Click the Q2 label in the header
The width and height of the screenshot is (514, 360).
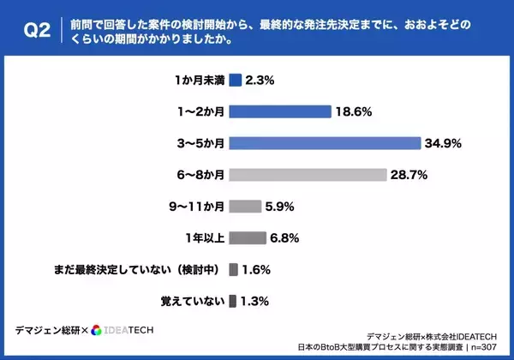(x=32, y=32)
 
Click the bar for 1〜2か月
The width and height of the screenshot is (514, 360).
(x=279, y=111)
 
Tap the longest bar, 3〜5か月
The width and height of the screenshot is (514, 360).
(x=325, y=143)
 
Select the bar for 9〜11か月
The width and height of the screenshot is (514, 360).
(x=245, y=207)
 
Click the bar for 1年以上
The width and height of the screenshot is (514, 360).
(x=248, y=237)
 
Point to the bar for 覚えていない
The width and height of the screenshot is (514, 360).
(x=233, y=300)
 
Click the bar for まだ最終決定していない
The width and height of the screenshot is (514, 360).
(x=233, y=269)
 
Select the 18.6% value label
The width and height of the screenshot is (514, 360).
(x=355, y=111)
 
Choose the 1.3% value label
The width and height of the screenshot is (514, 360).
(x=256, y=300)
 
